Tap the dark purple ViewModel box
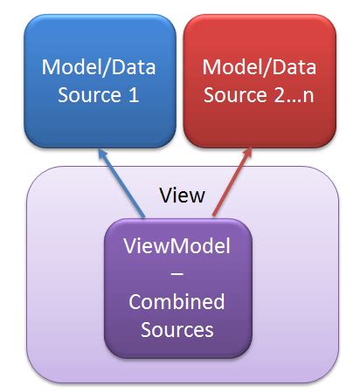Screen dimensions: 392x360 click(177, 288)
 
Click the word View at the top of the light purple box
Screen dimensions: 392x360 click(183, 195)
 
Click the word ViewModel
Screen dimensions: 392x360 click(177, 247)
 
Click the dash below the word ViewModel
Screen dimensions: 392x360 click(177, 274)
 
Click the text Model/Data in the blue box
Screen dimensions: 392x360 click(100, 66)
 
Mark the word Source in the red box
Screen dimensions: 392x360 click(236, 94)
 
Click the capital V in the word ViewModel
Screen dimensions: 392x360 click(131, 247)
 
